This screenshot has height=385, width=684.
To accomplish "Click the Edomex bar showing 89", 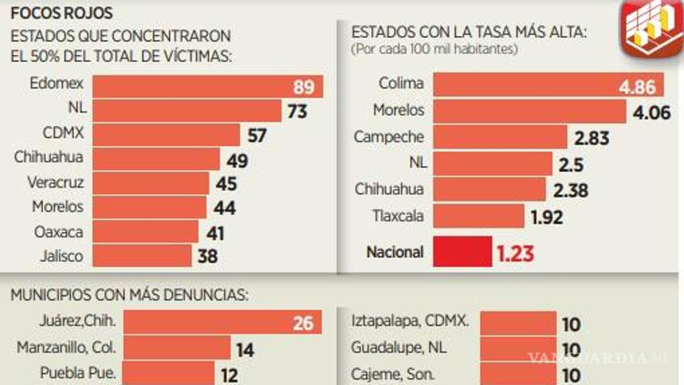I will (208, 87).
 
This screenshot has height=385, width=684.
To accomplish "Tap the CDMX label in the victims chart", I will (62, 133).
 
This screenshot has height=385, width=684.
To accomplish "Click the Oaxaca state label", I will (58, 232).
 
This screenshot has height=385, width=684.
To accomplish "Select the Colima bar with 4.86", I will (547, 85).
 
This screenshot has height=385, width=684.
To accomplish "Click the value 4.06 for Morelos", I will (651, 112).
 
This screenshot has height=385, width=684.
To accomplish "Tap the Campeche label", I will (389, 137).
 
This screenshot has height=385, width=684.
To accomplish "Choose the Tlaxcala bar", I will (479, 216).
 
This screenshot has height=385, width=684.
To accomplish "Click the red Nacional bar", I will (463, 252).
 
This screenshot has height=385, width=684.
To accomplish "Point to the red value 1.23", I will (515, 254).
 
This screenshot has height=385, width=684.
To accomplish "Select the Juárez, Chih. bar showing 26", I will (222, 323).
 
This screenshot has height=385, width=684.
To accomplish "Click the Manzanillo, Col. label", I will (66, 347).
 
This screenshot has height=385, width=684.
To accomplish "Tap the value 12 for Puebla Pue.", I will (229, 375).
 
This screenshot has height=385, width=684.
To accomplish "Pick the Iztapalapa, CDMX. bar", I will (518, 323).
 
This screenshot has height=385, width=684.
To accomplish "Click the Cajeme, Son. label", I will (392, 374).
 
